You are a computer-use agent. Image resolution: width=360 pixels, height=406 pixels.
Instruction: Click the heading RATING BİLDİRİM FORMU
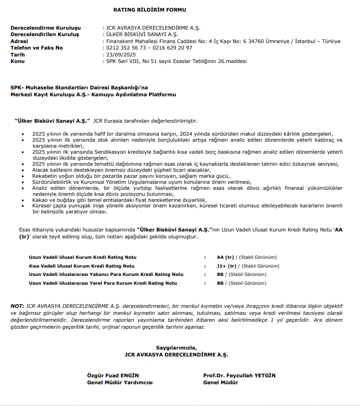(x=149, y=10)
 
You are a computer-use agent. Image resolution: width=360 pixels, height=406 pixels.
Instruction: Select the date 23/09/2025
(x=120, y=55)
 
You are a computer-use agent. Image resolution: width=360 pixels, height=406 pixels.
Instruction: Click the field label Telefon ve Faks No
(x=37, y=48)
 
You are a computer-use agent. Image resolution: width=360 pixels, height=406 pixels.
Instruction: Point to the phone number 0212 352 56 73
(x=125, y=48)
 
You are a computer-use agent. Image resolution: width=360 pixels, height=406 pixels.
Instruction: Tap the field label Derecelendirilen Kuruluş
(x=45, y=35)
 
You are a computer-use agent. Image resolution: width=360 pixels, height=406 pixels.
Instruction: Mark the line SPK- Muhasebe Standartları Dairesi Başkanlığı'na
(x=79, y=87)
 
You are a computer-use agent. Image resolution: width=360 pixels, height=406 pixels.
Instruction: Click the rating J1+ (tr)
(x=226, y=266)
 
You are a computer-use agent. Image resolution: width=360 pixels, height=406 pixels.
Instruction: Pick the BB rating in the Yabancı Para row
(x=220, y=275)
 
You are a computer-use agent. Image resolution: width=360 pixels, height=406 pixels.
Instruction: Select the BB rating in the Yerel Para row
(x=220, y=283)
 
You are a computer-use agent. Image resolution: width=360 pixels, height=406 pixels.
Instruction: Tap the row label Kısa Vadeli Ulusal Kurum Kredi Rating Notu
(x=82, y=266)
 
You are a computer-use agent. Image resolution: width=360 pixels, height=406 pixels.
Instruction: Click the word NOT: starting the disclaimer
(x=18, y=306)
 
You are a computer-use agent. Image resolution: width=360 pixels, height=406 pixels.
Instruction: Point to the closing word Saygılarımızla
(x=176, y=348)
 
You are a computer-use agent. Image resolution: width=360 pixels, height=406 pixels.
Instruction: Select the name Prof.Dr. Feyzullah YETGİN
(x=239, y=375)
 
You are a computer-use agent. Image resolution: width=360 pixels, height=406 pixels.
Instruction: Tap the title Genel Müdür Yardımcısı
(x=120, y=382)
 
